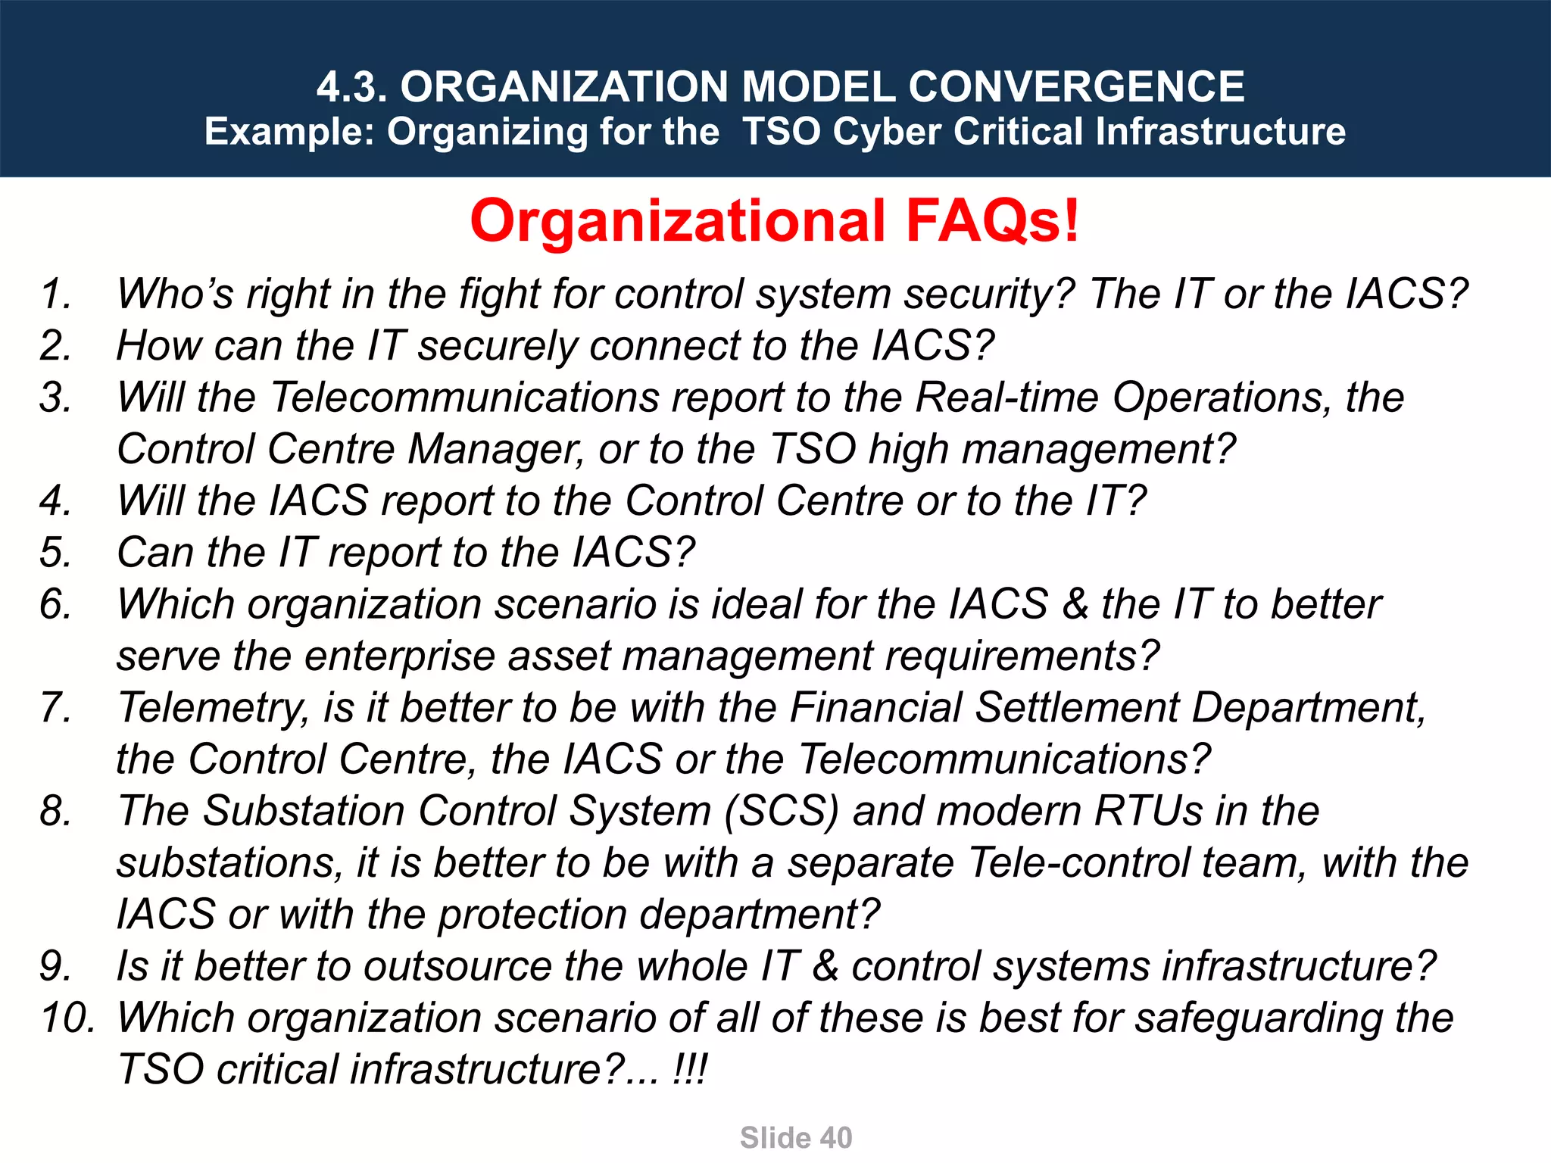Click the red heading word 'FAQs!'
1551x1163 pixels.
tap(992, 221)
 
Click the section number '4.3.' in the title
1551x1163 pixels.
tap(351, 86)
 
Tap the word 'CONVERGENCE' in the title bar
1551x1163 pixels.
tap(1076, 86)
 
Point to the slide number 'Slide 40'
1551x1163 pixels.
tap(796, 1137)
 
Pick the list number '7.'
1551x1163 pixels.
tap(55, 707)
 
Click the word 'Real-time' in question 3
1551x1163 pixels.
tap(1006, 398)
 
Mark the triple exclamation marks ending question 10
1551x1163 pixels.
tap(689, 1069)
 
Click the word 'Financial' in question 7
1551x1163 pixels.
tap(875, 708)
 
